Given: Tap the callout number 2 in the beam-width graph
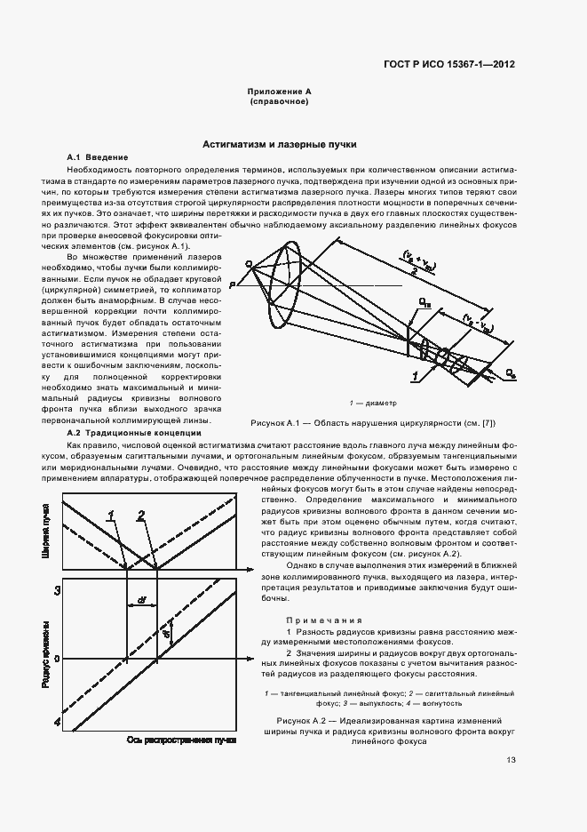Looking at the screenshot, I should [140, 515].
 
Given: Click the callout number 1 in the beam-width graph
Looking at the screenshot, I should [112, 515].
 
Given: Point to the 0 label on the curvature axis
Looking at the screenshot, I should [56, 659].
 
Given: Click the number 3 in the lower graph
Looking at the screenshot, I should [57, 591].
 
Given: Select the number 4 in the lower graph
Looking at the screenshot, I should [57, 724].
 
